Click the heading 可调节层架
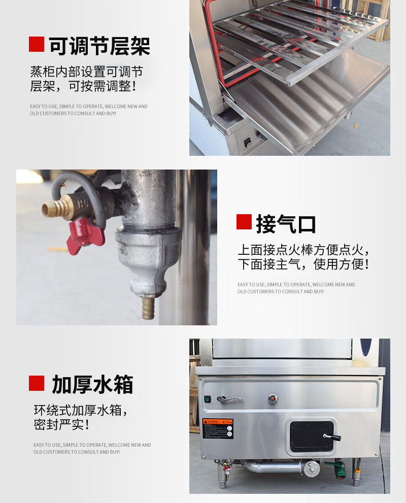tap(99, 46)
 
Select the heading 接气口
tap(286, 224)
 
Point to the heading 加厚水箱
tap(92, 384)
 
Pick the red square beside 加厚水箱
tap(37, 383)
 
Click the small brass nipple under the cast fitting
tap(148, 309)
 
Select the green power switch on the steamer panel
tap(207, 399)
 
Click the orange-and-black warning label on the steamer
tap(218, 428)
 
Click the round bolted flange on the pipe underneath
tap(311, 467)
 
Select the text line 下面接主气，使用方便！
tap(303, 264)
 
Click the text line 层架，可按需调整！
tap(83, 86)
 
